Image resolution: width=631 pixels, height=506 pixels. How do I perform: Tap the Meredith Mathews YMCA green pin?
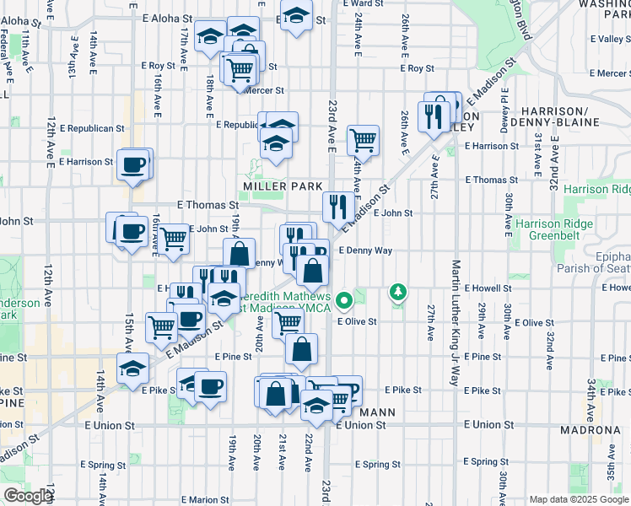[x=344, y=299]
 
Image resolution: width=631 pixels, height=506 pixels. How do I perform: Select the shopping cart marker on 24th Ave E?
[x=363, y=139]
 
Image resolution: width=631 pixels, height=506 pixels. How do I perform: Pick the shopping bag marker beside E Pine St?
[x=301, y=348]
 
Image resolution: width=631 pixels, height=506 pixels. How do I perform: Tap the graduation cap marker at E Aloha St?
[x=296, y=15]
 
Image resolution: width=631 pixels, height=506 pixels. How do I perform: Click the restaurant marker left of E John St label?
[x=336, y=205]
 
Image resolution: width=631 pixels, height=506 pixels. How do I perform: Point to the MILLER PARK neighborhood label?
[x=278, y=186]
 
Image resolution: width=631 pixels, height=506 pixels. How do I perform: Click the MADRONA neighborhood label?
[x=591, y=430]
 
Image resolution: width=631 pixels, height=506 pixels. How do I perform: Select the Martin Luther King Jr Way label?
[x=454, y=333]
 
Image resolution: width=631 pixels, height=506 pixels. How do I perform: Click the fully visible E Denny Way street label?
[x=365, y=250]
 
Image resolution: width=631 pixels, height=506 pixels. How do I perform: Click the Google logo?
[x=28, y=496]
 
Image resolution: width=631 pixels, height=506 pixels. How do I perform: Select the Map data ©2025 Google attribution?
[x=578, y=499]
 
